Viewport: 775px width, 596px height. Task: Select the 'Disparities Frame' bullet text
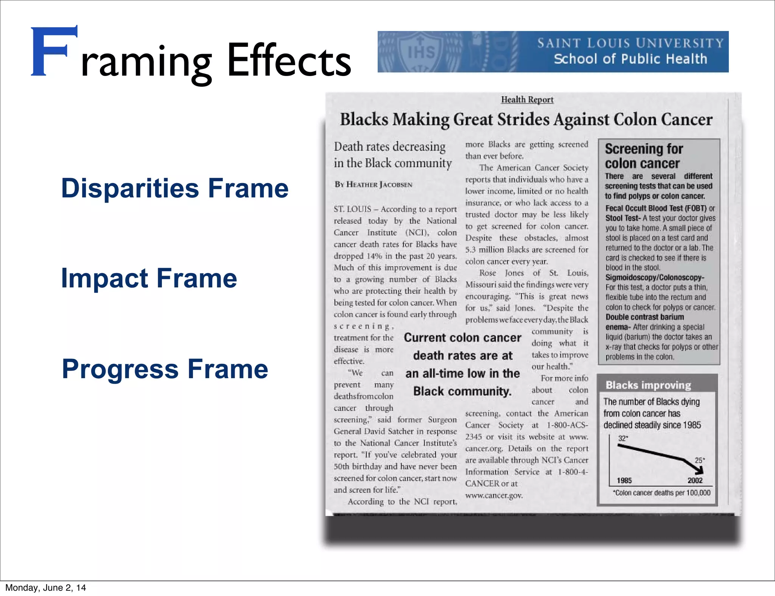[174, 188]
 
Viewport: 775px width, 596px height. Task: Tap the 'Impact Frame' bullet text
[149, 278]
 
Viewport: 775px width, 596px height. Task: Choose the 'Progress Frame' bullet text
[165, 369]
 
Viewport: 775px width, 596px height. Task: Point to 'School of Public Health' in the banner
[630, 59]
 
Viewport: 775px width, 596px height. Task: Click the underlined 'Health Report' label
[527, 99]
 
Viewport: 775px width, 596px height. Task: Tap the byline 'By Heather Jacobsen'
[373, 185]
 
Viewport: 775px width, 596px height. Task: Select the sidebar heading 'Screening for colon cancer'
[643, 156]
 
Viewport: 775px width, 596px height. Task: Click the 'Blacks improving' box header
[648, 385]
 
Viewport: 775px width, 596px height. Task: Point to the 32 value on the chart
[622, 438]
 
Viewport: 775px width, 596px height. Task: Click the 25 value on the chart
[699, 460]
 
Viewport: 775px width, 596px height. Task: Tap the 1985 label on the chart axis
[624, 480]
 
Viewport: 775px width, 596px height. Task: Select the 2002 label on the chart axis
[695, 480]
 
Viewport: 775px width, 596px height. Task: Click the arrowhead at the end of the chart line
[699, 470]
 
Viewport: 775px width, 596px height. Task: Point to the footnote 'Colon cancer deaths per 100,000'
[661, 493]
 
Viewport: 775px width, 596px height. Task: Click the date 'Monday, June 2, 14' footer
[45, 588]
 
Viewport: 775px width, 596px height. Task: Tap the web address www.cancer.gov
[494, 495]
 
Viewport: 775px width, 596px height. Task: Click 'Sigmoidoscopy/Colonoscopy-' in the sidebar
[655, 278]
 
